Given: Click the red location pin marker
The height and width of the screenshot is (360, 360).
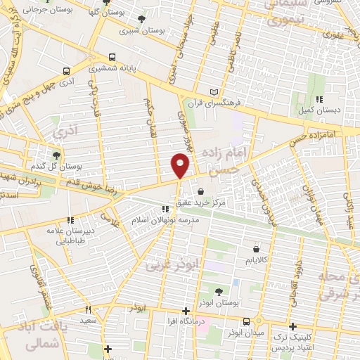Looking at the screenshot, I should pos(180,165).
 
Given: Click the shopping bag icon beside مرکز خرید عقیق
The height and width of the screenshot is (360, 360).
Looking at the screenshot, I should pos(201,191).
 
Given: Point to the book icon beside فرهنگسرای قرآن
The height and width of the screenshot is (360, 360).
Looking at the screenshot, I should pos(214,92).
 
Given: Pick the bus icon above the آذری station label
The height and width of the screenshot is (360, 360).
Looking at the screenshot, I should pos(67,71).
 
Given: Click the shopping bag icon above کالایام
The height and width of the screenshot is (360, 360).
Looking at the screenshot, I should pos(256,248).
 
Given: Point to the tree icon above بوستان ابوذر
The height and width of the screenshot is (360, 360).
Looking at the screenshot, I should pos(218,290).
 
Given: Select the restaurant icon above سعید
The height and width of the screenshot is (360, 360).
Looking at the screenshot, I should pos(88,309).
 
